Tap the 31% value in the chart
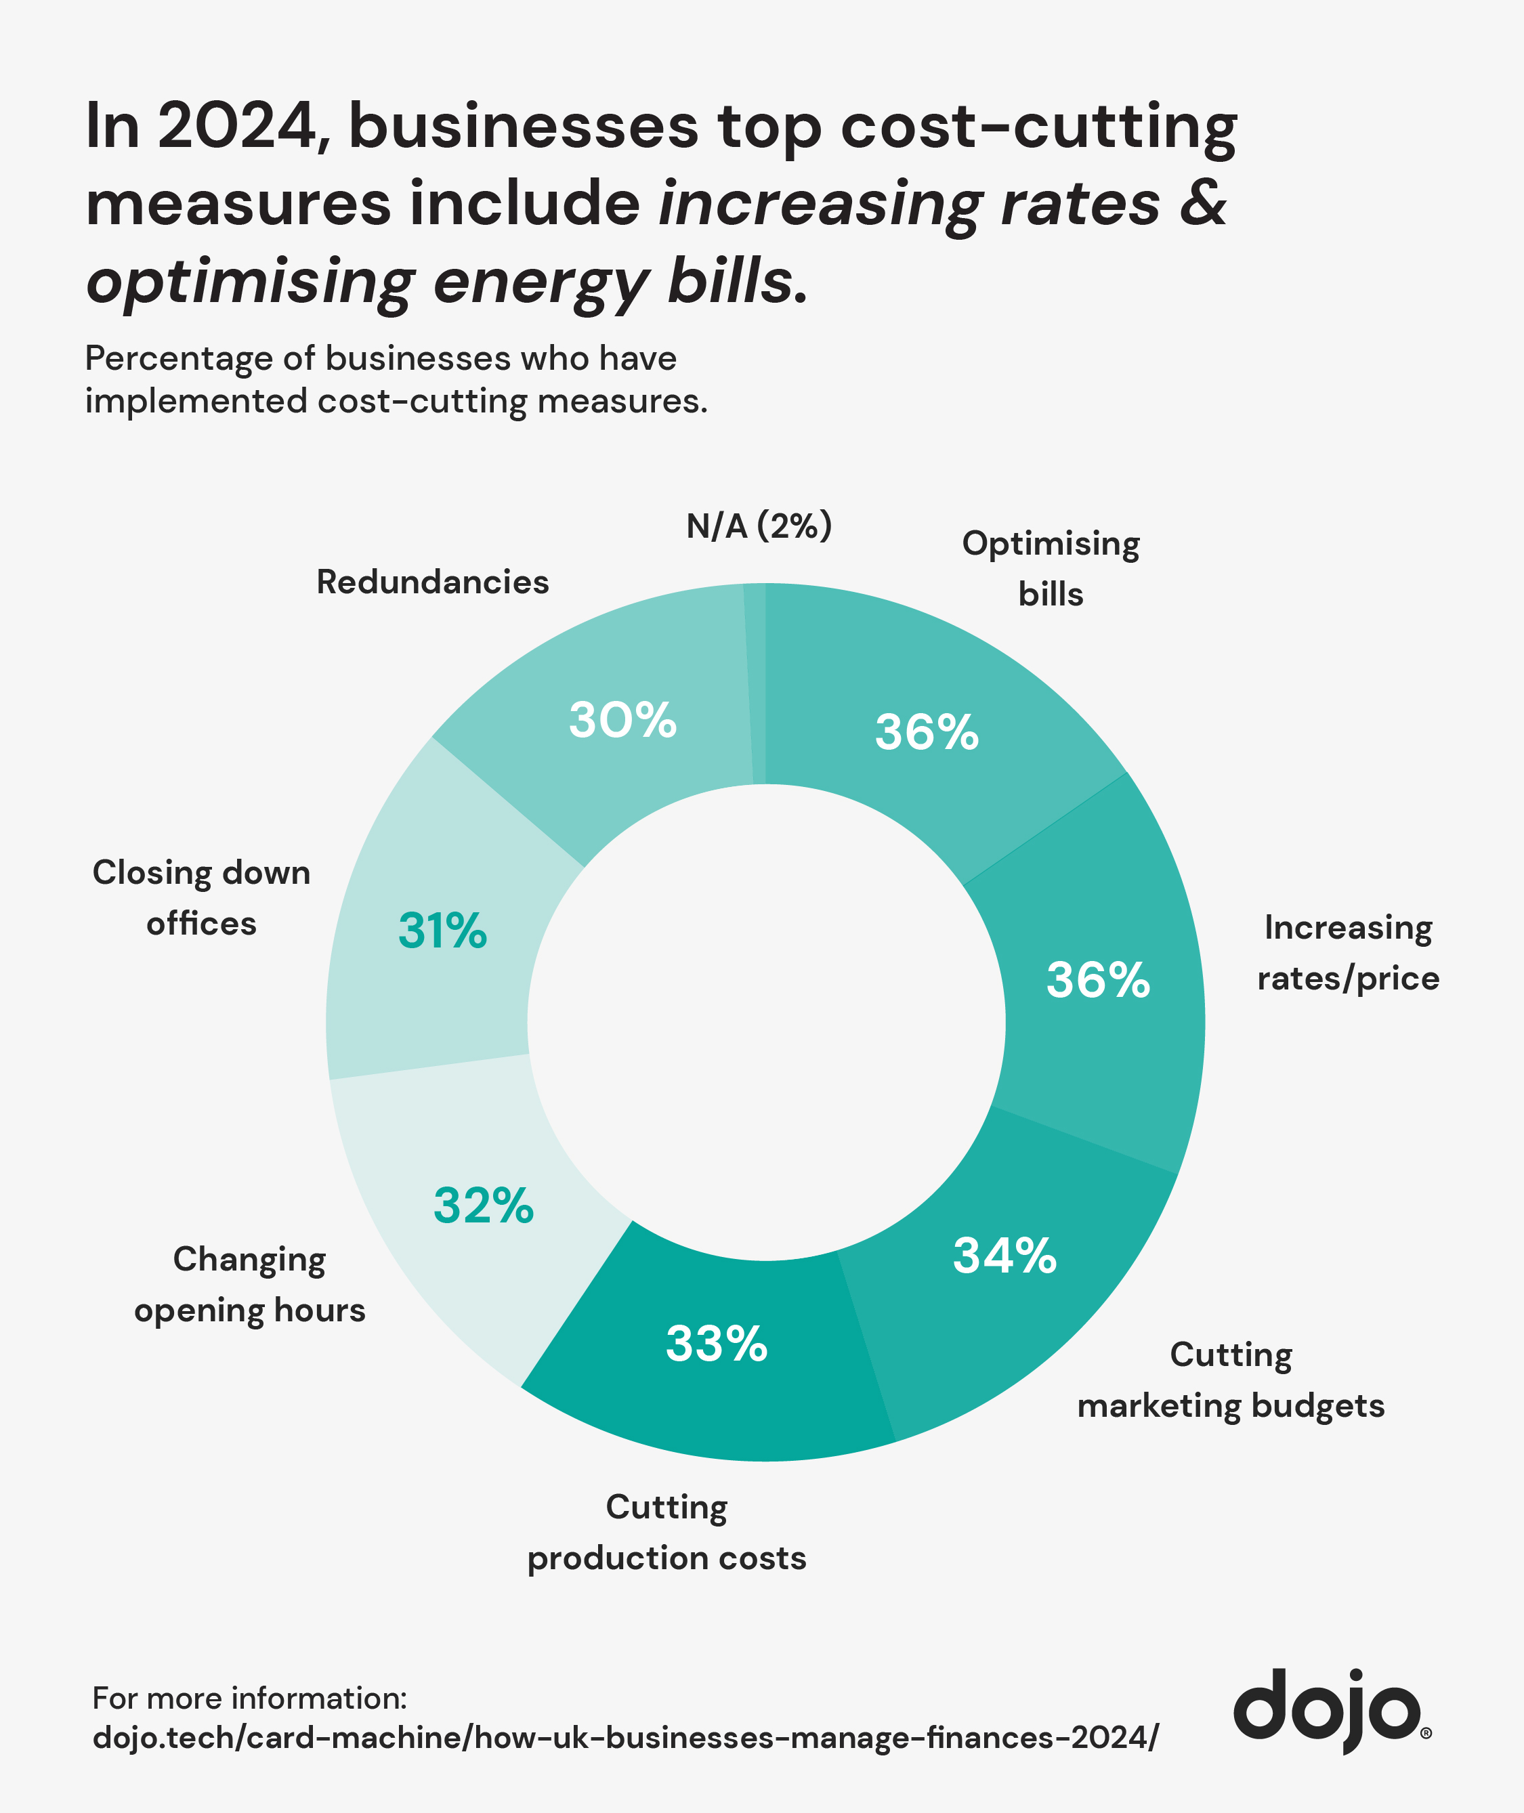tap(442, 931)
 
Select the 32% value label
tap(484, 1206)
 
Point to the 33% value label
tap(716, 1344)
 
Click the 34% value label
tap(1004, 1256)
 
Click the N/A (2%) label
tap(759, 526)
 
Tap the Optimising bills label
tap(1051, 568)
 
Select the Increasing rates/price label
tap(1348, 953)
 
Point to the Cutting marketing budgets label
tap(1230, 1380)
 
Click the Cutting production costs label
tap(666, 1533)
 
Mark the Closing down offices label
tap(201, 898)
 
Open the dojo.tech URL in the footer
tap(625, 1737)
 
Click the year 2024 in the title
tap(238, 127)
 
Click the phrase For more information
tap(249, 1698)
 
